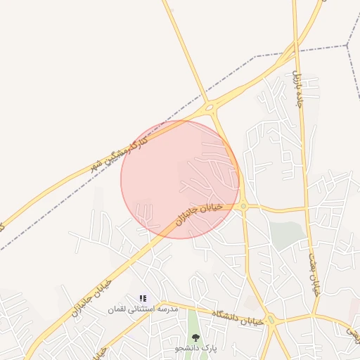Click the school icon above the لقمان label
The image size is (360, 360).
pos(143,299)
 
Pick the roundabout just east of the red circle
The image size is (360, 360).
pos(243,206)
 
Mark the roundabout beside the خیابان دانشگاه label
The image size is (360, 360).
pos(271,321)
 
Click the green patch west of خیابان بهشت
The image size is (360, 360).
pos(285,235)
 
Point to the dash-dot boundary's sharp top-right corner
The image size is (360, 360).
pos(347,45)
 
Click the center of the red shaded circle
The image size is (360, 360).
pos(180,179)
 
